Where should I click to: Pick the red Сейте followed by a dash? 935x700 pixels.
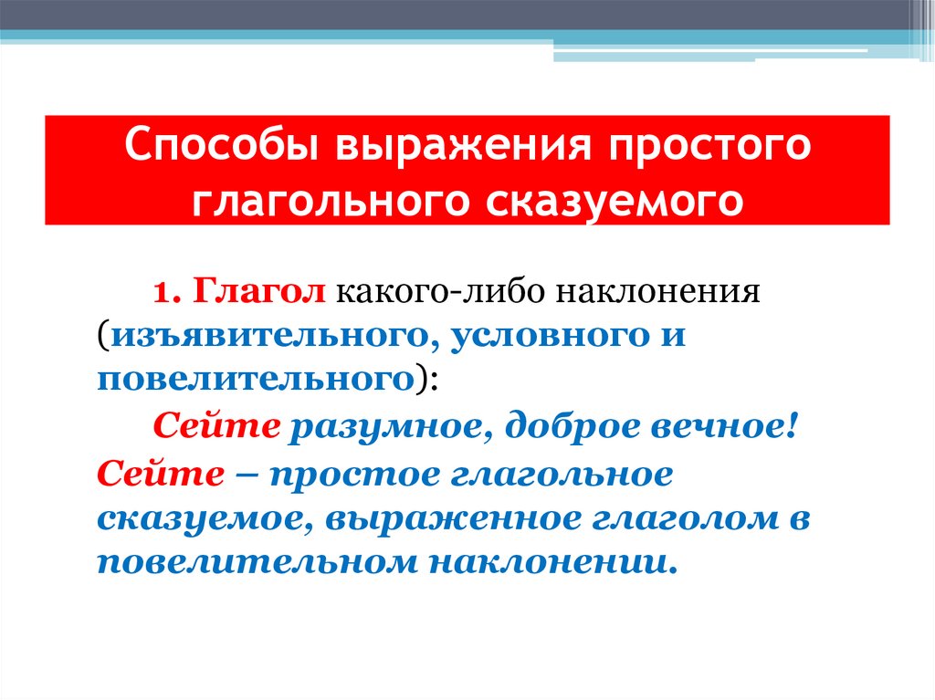point(159,474)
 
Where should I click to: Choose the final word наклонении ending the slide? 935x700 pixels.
point(549,560)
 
